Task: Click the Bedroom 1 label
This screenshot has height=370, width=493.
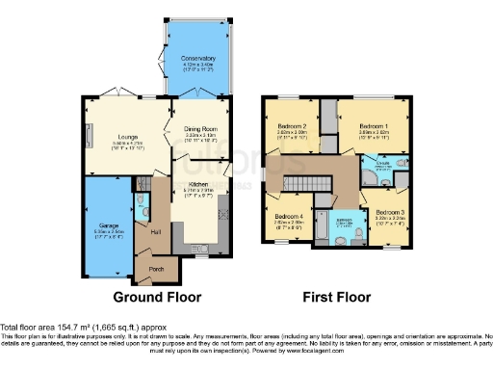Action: [375, 126]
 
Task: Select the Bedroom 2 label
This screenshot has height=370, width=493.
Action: [292, 126]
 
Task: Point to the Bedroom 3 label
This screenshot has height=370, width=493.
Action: [390, 212]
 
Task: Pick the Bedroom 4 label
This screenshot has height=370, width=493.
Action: [288, 216]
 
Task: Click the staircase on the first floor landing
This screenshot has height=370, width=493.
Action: [310, 184]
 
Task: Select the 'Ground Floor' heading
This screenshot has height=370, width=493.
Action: [149, 295]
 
